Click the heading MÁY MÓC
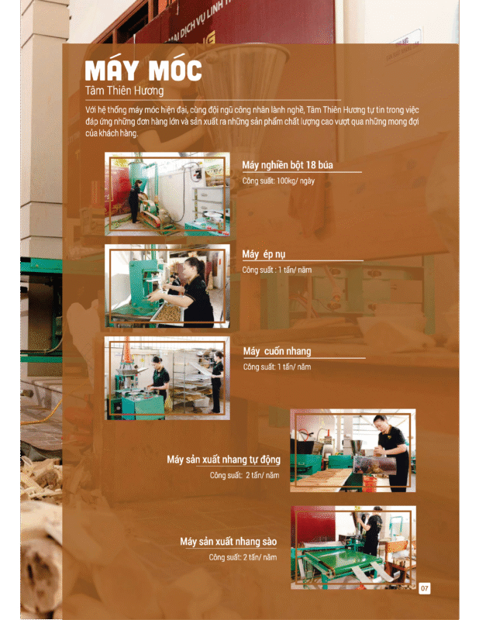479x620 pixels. (x=143, y=71)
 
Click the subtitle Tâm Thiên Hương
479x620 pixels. (x=124, y=91)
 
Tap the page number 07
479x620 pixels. (x=425, y=588)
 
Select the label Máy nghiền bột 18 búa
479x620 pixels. (x=288, y=165)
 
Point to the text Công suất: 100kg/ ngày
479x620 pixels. (x=278, y=181)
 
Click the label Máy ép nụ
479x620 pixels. (x=264, y=254)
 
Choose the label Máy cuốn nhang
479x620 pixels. (x=277, y=351)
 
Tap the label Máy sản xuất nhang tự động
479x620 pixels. (x=223, y=460)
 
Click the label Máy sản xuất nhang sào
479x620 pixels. (x=228, y=541)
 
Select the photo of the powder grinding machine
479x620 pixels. (x=167, y=194)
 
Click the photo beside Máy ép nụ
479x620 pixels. (x=167, y=286)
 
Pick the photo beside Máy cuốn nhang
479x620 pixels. (x=167, y=378)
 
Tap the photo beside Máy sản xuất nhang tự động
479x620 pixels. (x=353, y=450)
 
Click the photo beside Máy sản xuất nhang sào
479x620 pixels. (x=353, y=547)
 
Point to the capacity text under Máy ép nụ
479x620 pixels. (x=277, y=270)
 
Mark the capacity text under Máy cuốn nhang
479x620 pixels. (x=277, y=367)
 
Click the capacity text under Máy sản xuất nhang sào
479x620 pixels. (x=243, y=557)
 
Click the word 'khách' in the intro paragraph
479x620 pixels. (x=109, y=133)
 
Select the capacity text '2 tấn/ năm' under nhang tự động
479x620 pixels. (x=262, y=475)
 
